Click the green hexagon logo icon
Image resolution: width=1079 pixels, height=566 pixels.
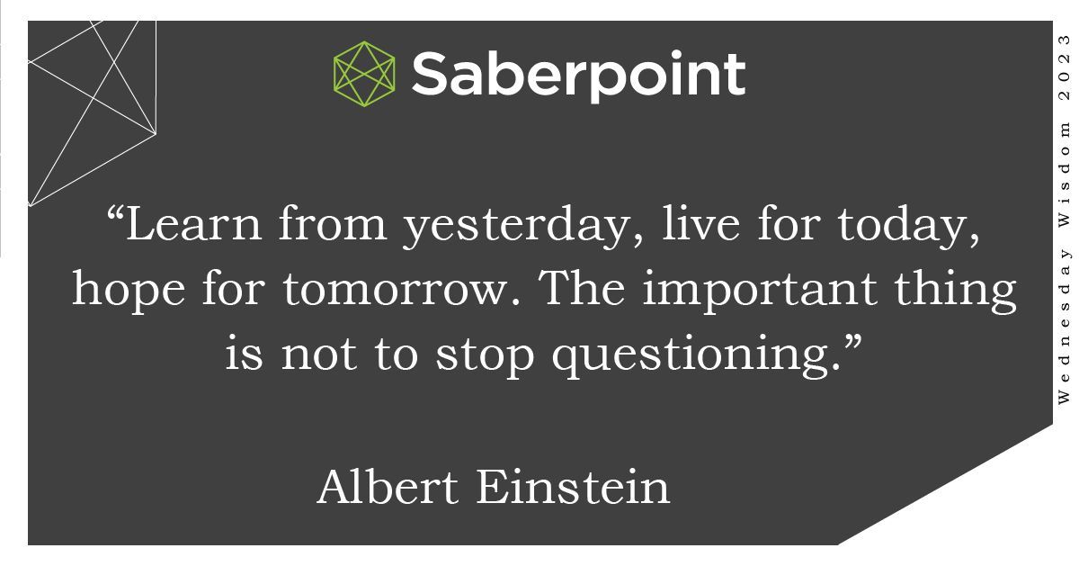coord(364,72)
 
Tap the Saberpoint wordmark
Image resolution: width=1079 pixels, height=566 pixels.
coord(578,75)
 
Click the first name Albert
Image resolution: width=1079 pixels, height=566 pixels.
coord(388,487)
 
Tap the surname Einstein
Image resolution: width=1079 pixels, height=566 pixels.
coord(573,487)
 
